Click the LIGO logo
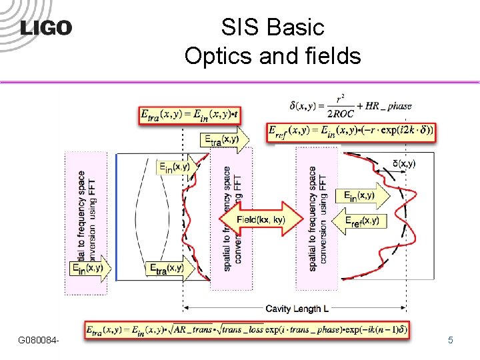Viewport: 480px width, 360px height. (x=45, y=27)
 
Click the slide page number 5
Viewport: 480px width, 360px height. (x=451, y=341)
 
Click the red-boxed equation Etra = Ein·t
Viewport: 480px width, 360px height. (x=190, y=115)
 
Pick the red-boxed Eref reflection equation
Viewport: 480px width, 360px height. (x=350, y=131)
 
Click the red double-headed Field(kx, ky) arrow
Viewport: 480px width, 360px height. (x=261, y=218)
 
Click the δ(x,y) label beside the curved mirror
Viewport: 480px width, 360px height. (x=404, y=163)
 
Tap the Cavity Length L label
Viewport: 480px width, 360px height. (x=297, y=309)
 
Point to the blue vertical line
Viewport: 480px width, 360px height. (x=117, y=217)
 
